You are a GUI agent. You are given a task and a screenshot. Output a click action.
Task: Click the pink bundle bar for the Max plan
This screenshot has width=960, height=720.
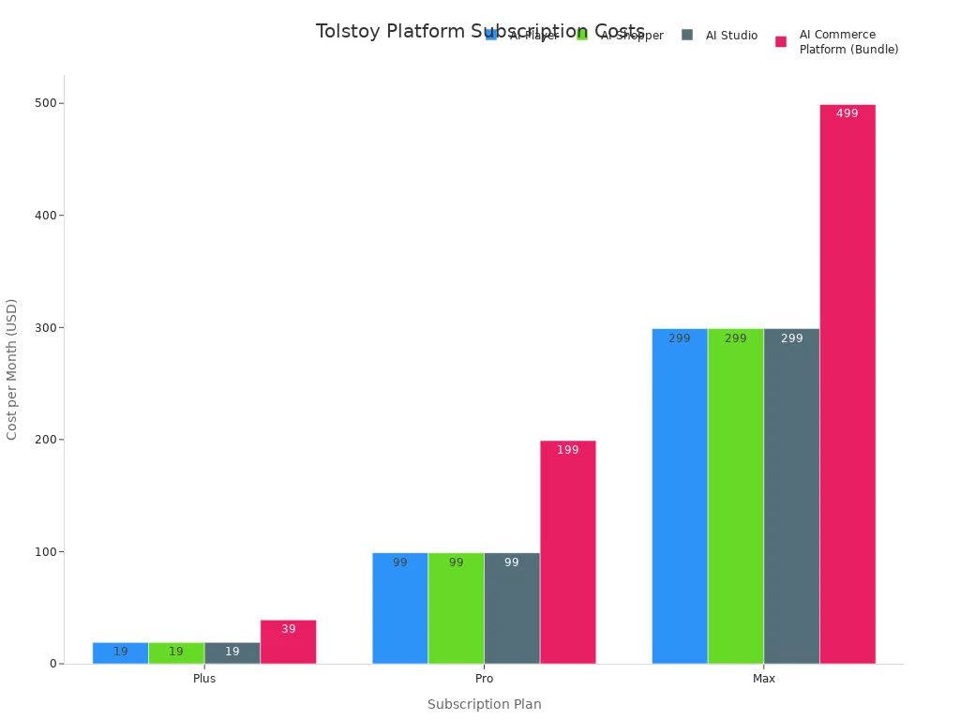click(847, 384)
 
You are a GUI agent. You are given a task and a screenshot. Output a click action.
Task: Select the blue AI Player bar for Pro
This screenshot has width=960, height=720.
click(400, 608)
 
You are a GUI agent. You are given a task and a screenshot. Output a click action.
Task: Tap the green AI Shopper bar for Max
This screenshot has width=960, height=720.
click(736, 496)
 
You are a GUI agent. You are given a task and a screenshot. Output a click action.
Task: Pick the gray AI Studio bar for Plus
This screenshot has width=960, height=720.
click(232, 653)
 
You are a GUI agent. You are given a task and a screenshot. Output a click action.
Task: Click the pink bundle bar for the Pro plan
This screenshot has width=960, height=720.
click(568, 552)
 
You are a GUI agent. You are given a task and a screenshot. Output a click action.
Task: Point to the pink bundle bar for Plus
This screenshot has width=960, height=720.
click(289, 642)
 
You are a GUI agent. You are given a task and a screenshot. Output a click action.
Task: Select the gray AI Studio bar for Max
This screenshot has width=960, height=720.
click(791, 496)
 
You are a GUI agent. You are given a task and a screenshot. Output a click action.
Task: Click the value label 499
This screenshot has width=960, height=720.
click(847, 113)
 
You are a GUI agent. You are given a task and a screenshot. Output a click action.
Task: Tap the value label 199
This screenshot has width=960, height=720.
click(568, 450)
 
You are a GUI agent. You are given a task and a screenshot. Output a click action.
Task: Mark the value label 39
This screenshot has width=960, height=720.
click(289, 629)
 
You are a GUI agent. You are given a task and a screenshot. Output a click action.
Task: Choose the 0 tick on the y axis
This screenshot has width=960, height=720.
click(52, 664)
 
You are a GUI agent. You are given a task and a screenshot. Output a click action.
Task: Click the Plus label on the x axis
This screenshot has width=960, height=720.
click(204, 679)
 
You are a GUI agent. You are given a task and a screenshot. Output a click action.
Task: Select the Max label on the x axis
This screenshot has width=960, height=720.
click(764, 679)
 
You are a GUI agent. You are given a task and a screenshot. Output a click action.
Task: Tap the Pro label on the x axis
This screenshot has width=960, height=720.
click(484, 679)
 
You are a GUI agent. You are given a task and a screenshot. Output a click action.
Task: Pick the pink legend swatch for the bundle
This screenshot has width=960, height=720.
click(781, 42)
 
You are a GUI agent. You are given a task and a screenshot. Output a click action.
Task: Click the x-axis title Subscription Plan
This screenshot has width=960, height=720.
click(484, 704)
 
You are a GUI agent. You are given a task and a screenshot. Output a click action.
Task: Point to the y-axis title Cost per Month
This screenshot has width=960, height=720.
click(12, 368)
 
